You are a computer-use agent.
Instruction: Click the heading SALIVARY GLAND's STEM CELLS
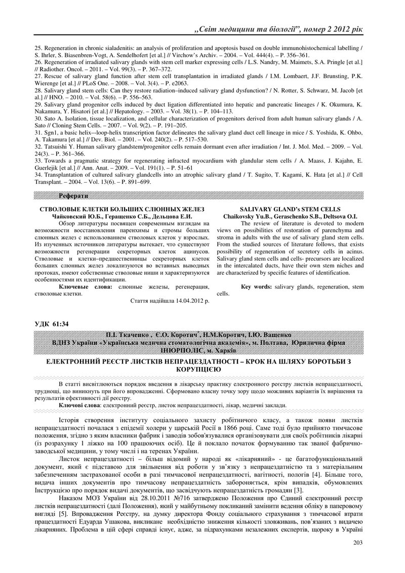(x=290, y=209)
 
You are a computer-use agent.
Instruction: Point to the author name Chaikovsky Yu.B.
(x=247, y=216)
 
